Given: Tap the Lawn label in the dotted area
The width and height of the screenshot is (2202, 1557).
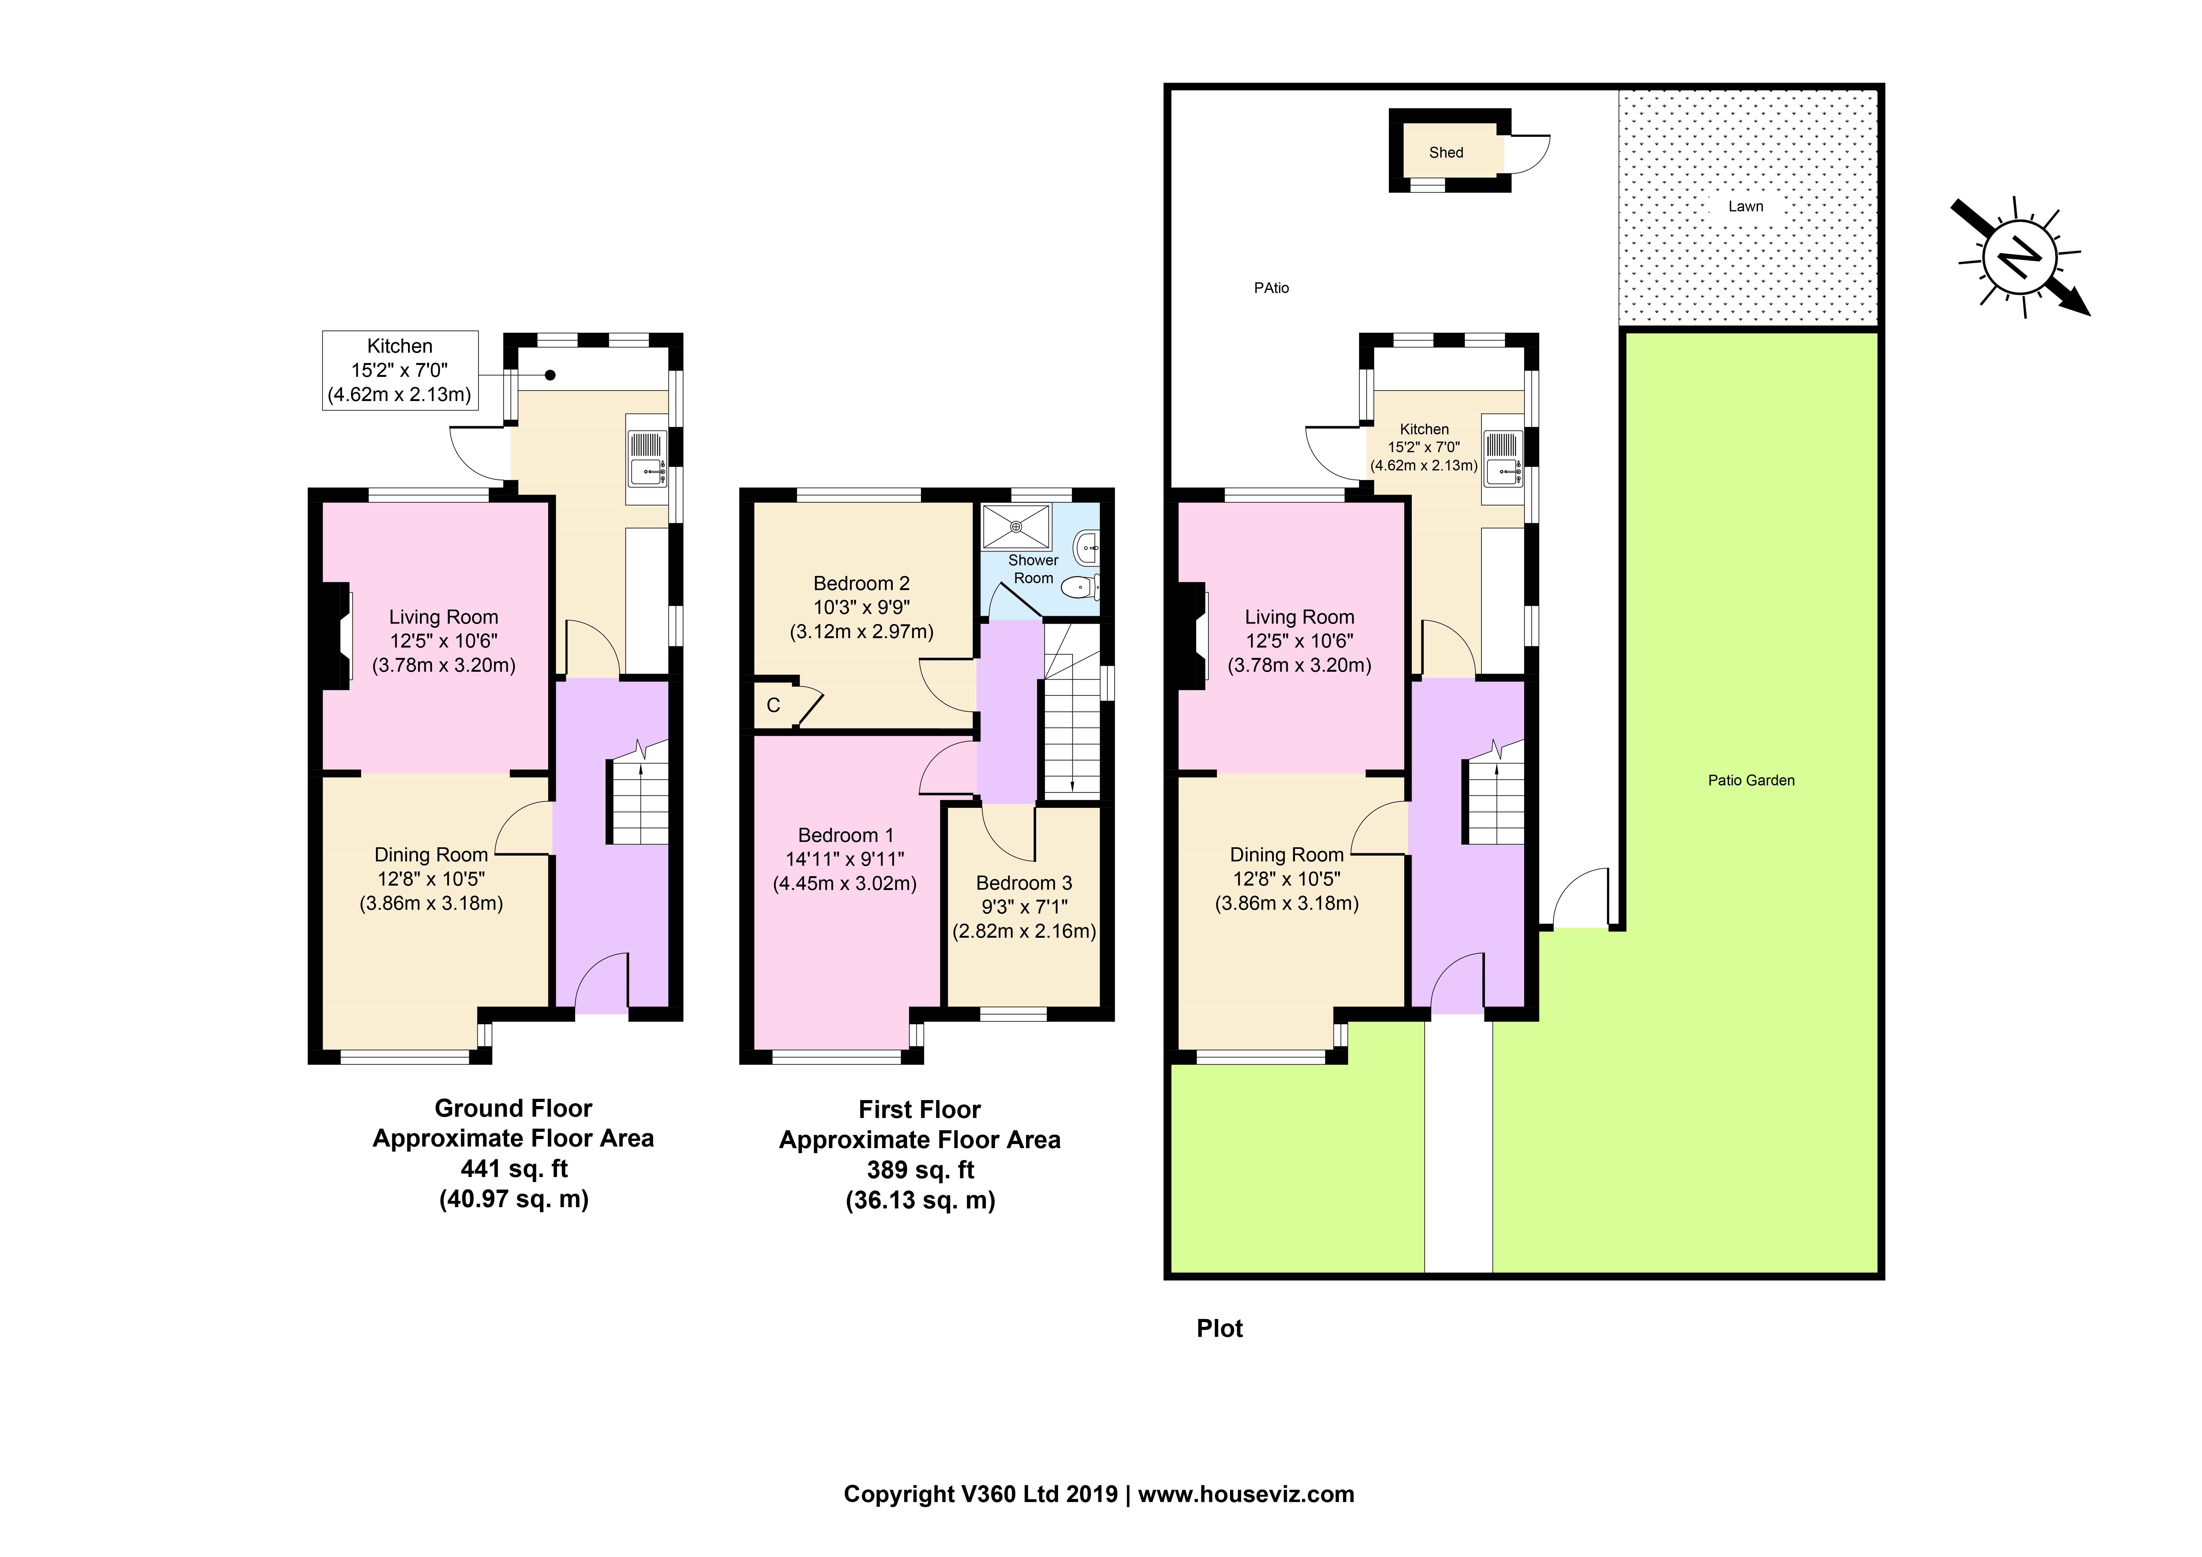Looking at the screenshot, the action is coord(1745,206).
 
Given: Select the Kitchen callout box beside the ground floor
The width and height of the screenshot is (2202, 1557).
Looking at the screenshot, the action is coord(400,370).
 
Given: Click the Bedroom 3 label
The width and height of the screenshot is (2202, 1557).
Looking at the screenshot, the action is coord(1024,882).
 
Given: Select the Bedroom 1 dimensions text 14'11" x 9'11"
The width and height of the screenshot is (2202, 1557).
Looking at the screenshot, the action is coord(845,860).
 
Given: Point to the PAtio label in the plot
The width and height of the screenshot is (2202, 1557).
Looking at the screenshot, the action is coord(1272,288).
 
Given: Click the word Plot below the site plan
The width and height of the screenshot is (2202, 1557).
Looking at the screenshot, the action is coord(1220,1329).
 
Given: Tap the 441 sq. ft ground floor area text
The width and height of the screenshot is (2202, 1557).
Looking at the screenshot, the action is coord(514,1169).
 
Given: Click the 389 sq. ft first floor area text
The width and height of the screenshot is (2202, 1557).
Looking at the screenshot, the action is coord(921,1170).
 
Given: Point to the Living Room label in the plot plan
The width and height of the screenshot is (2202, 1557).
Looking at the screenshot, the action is coord(1300,617).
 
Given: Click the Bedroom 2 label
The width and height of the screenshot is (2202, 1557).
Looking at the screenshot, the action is coord(861,583).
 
